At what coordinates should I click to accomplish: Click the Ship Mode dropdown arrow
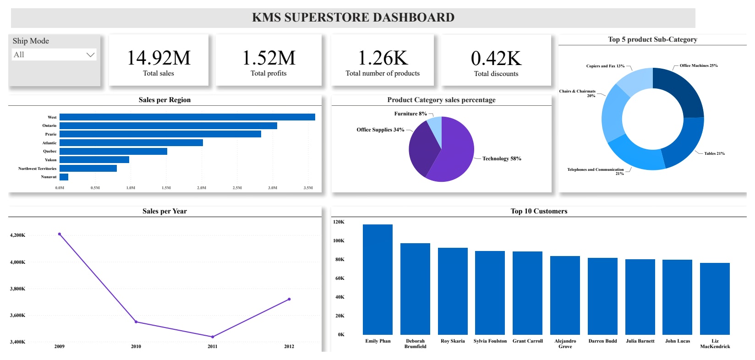tap(90, 55)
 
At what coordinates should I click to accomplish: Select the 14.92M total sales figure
tap(159, 58)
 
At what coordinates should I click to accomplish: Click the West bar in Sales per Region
tap(187, 117)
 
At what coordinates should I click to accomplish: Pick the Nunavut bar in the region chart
tap(64, 177)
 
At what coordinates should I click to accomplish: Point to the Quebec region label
tap(50, 151)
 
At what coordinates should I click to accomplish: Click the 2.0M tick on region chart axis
tap(202, 188)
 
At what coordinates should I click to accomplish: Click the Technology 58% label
tap(502, 158)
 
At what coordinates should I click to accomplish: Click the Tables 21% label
tap(714, 153)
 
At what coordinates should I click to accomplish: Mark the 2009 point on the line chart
tap(60, 234)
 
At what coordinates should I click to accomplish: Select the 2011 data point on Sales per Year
tap(213, 337)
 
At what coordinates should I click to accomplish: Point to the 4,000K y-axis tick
tap(17, 262)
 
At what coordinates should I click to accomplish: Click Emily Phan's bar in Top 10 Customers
tap(377, 279)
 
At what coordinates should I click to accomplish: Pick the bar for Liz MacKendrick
tap(715, 299)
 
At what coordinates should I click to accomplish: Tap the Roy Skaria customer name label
tap(453, 341)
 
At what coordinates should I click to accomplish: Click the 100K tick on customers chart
tap(339, 240)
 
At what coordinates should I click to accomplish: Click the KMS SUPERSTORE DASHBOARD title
tap(353, 17)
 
